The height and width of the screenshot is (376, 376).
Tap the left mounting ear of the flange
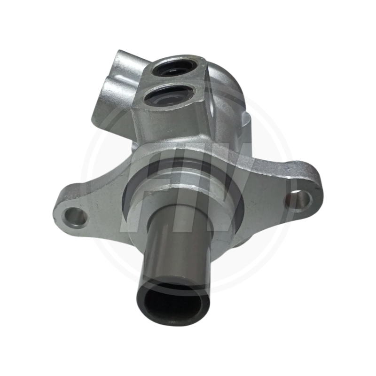pos(82,207)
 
